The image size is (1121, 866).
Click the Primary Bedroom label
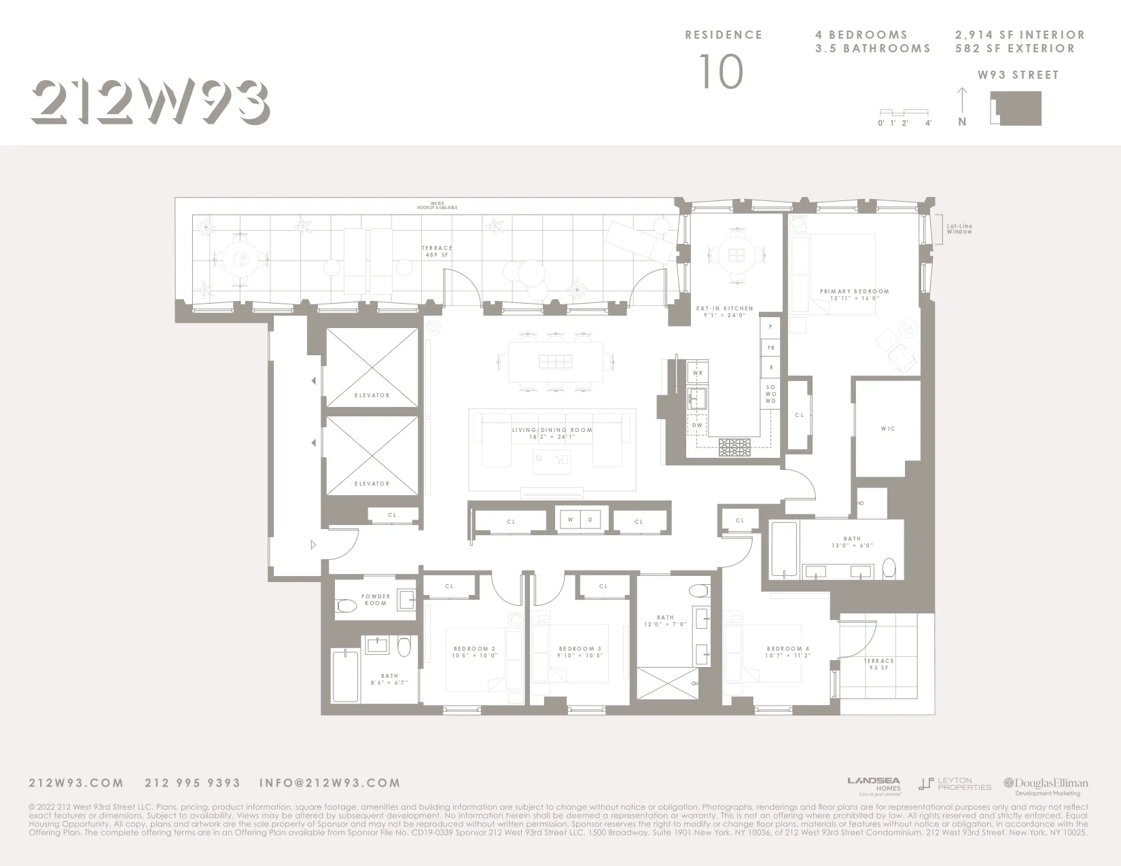pyautogui.click(x=854, y=295)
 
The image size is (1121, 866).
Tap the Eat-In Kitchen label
pyautogui.click(x=724, y=312)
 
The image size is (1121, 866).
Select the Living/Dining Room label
pyautogui.click(x=552, y=433)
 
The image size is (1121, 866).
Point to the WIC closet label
pyautogui.click(x=888, y=429)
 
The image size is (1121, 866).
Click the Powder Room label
pyautogui.click(x=376, y=600)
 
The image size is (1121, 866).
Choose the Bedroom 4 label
pyautogui.click(x=788, y=652)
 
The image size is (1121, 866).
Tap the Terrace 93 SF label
pyautogui.click(x=878, y=664)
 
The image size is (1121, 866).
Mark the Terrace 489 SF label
pyautogui.click(x=436, y=251)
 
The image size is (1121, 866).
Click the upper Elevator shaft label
pyautogui.click(x=372, y=395)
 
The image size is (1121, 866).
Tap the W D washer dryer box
pyautogui.click(x=580, y=520)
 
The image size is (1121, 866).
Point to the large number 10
pyautogui.click(x=722, y=73)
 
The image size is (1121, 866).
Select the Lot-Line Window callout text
pyautogui.click(x=959, y=229)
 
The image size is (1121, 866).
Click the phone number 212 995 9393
pyautogui.click(x=193, y=783)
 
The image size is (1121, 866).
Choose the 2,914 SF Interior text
pyautogui.click(x=1020, y=35)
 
